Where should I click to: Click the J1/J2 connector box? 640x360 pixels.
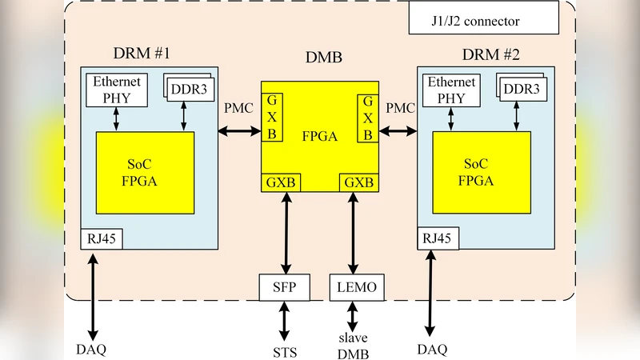point(482,21)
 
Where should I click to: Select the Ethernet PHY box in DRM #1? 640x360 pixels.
point(117,90)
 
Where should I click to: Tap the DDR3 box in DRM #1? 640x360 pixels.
point(189,89)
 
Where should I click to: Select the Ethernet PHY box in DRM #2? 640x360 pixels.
point(453,90)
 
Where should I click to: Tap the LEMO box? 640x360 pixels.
point(352,287)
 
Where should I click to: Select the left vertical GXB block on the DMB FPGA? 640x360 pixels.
point(272,117)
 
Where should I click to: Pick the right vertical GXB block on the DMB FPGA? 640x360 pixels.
point(367,117)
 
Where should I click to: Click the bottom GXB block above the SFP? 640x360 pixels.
point(282,182)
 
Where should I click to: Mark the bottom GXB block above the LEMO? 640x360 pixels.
point(358,182)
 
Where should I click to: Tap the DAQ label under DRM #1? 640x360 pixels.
point(91,349)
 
